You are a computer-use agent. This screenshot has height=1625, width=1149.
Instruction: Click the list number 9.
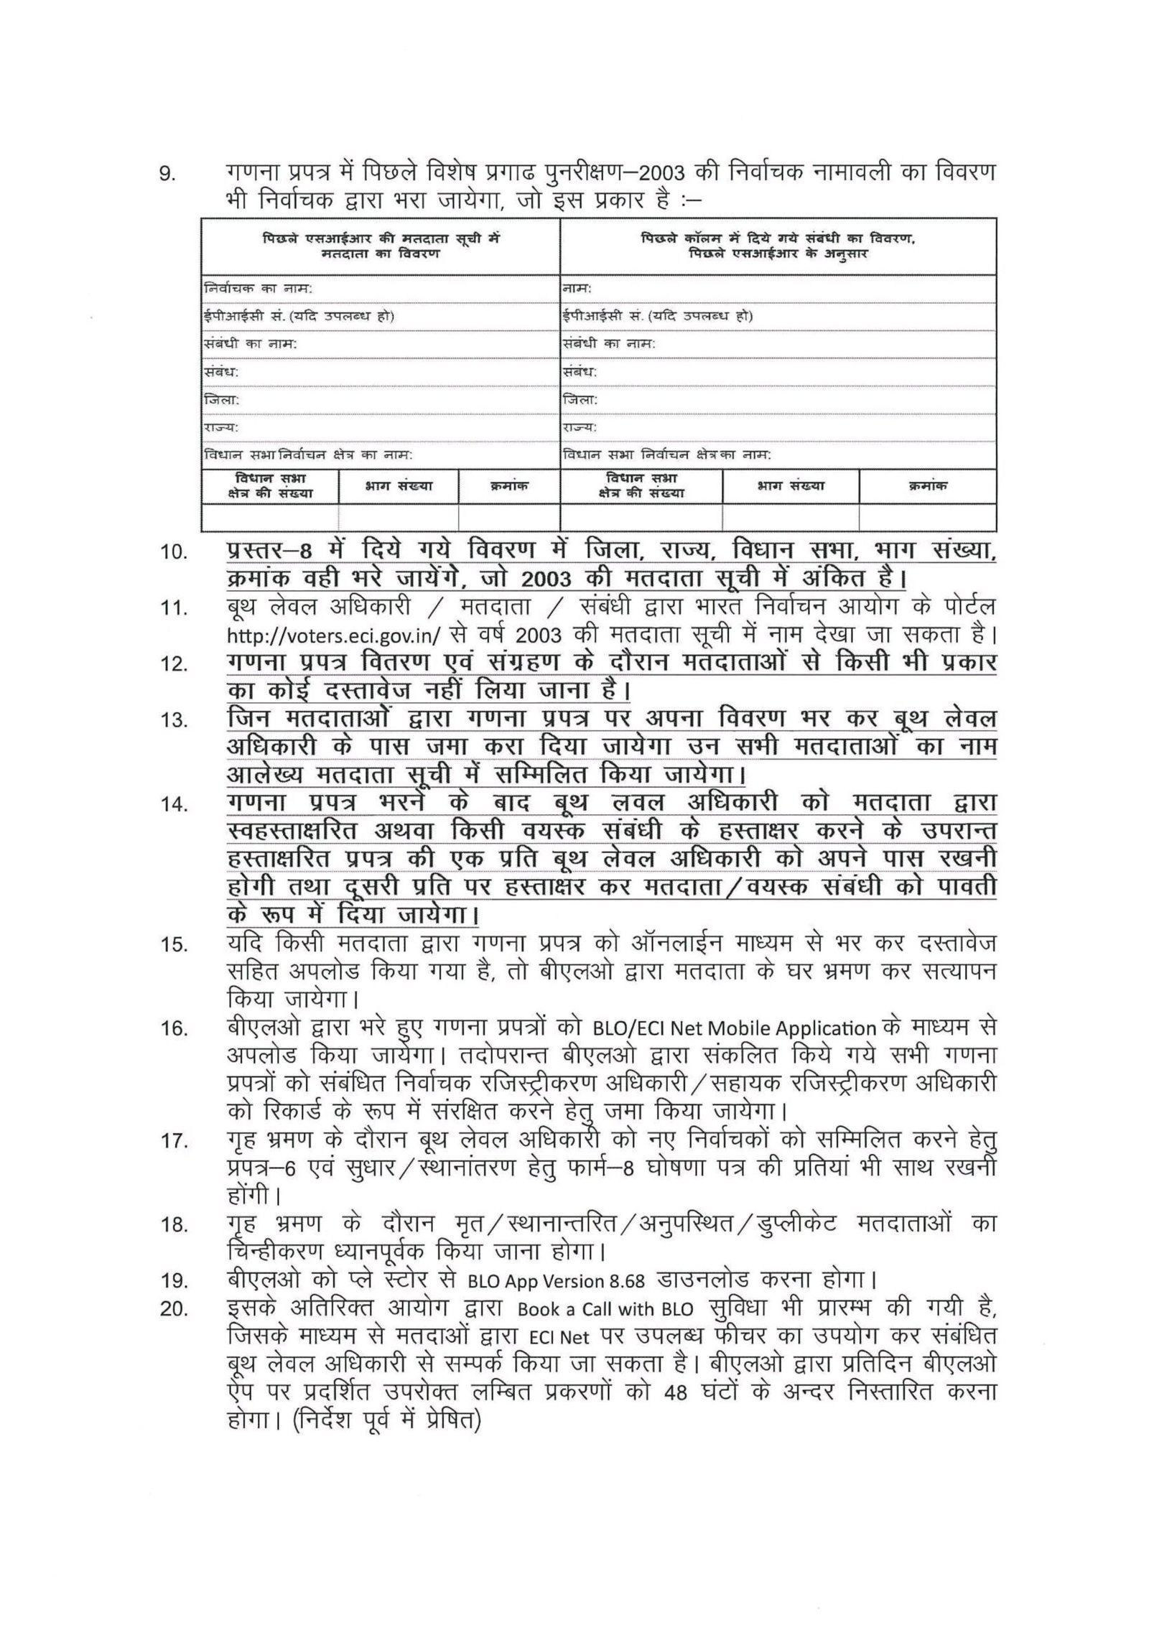(x=166, y=175)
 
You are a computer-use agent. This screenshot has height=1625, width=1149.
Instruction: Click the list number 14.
(x=174, y=805)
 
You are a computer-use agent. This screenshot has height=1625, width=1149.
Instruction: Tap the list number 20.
(x=174, y=1330)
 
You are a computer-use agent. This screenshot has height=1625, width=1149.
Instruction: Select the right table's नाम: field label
(x=577, y=289)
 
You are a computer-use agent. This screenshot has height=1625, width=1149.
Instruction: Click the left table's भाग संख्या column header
(x=399, y=486)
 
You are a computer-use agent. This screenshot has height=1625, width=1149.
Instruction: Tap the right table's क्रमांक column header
(x=927, y=486)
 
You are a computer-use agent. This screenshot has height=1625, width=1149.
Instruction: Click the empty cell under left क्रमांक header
(x=508, y=517)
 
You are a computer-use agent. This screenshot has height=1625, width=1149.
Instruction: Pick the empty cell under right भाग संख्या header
(x=790, y=517)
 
